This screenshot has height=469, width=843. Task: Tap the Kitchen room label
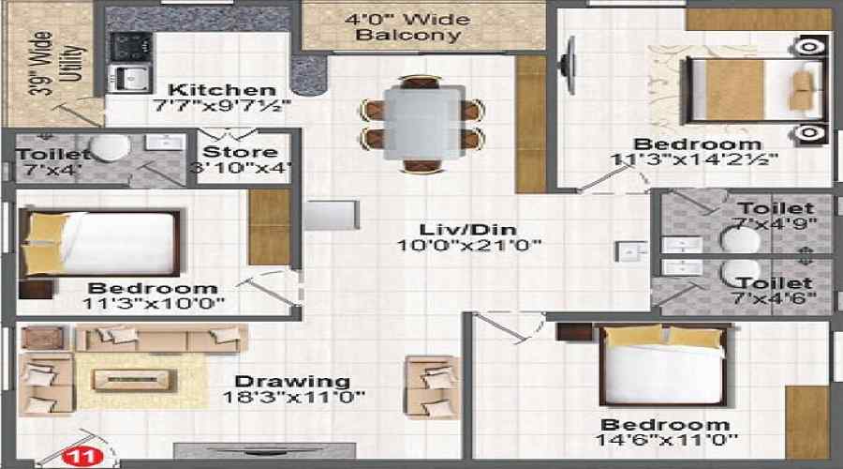222,89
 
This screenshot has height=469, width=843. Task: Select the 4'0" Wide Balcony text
408,27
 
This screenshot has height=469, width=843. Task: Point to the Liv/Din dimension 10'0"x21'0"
468,246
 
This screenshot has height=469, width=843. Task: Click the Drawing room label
292,381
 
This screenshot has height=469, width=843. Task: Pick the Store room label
241,152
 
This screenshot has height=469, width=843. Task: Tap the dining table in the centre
423,122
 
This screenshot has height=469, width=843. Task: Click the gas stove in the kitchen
130,47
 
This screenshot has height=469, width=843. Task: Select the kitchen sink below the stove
130,78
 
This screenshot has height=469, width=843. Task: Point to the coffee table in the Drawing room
134,380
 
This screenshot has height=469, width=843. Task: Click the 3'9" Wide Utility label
56,63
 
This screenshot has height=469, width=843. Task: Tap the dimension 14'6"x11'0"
666,440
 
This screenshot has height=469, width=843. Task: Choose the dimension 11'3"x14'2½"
694,159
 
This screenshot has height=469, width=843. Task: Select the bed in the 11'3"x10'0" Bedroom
100,243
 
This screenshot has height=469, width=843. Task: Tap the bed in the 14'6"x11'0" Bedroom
664,365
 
